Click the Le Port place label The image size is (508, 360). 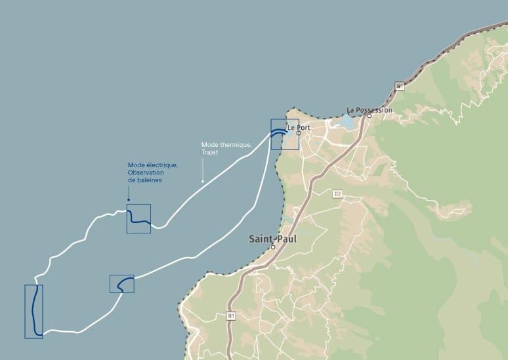coord(299,127)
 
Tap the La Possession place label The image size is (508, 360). coord(369,110)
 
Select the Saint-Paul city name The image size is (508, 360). coord(272,239)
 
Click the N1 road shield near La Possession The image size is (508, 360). coord(400,86)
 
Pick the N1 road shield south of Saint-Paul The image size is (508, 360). coord(231,316)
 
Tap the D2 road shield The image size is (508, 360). coord(338,193)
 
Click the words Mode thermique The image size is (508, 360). coord(217,145)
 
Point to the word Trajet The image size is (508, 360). coord(210,152)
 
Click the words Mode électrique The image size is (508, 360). coord(152,165)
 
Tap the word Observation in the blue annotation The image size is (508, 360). coord(146,172)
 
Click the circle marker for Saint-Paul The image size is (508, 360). coord(273,247)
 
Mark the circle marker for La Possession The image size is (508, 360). coord(369,116)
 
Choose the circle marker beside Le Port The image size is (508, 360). coord(298,133)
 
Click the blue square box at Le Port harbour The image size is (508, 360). coord(284,134)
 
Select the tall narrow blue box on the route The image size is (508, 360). coord(33,311)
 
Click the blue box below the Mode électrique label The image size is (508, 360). coord(138,218)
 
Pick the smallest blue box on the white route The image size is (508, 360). coord(122,283)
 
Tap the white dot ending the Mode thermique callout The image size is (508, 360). coord(202,181)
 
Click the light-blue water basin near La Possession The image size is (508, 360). coord(346,122)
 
